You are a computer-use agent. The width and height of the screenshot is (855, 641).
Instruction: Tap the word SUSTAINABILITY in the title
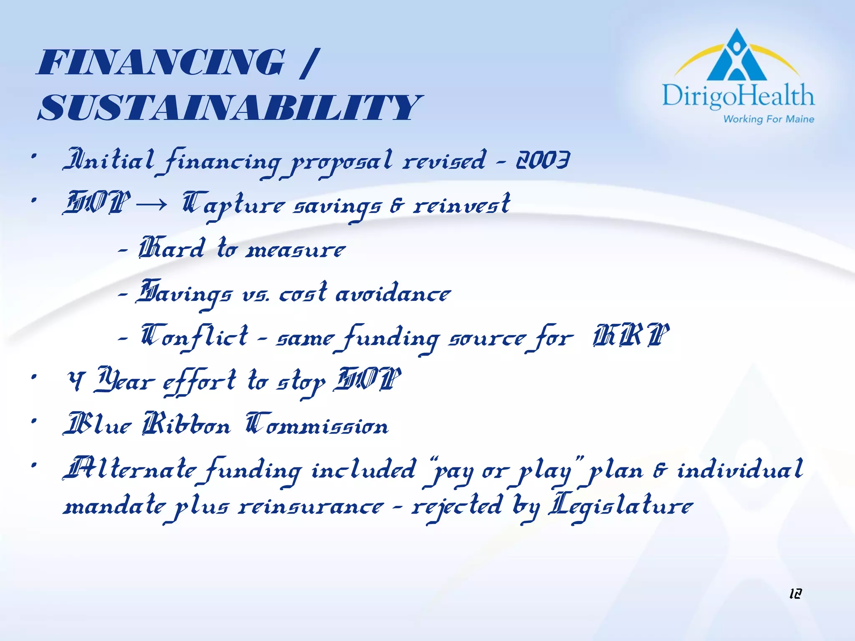pyautogui.click(x=230, y=108)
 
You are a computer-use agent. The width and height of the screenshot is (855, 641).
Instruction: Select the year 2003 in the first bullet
pyautogui.click(x=543, y=160)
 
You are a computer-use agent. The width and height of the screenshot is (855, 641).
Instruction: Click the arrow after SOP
pyautogui.click(x=152, y=204)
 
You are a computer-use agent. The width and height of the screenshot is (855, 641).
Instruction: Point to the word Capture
pyautogui.click(x=234, y=204)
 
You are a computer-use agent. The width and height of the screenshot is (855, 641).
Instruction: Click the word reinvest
pyautogui.click(x=461, y=204)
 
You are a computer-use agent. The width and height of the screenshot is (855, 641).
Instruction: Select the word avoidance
pyautogui.click(x=393, y=293)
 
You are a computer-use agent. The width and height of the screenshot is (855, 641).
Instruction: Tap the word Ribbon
pyautogui.click(x=186, y=425)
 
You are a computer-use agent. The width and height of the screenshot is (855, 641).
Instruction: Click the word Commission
pyautogui.click(x=317, y=425)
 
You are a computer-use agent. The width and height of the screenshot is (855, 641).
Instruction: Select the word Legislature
pyautogui.click(x=621, y=506)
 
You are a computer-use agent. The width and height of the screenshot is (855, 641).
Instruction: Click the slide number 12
pyautogui.click(x=795, y=593)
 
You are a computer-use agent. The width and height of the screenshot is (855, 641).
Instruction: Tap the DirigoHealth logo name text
pyautogui.click(x=738, y=96)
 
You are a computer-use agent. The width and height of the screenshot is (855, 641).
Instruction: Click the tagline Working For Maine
pyautogui.click(x=769, y=119)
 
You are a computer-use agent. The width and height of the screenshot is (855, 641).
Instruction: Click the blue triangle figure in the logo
pyautogui.click(x=737, y=56)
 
